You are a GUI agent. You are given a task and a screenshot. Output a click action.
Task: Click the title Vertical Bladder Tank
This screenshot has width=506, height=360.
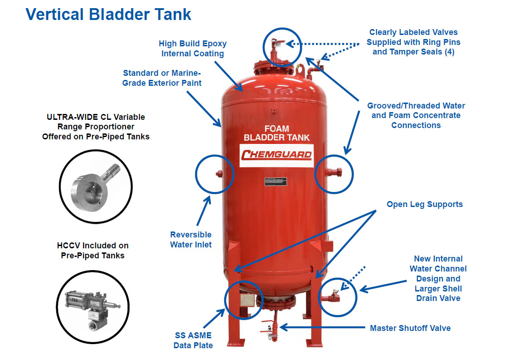click(x=108, y=14)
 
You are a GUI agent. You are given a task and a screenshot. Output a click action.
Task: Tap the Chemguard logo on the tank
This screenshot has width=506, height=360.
click(x=276, y=155)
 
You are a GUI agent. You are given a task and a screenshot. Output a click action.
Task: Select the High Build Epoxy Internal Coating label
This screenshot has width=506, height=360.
click(x=192, y=49)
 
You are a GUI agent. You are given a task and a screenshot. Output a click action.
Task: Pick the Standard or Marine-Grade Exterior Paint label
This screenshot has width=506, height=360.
click(x=162, y=78)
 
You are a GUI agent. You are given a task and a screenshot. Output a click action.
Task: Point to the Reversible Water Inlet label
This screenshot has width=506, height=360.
click(x=191, y=240)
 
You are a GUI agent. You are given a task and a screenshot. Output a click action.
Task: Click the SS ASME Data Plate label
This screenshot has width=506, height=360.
click(x=193, y=340)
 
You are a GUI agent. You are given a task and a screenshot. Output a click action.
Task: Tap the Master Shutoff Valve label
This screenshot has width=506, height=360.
click(x=410, y=328)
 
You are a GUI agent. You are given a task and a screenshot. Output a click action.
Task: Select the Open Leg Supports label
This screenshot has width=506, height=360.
click(x=424, y=204)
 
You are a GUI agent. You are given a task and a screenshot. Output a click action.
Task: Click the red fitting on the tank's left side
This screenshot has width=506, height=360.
click(x=220, y=173)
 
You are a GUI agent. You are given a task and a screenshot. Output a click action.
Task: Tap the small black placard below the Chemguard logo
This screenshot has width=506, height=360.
click(x=276, y=182)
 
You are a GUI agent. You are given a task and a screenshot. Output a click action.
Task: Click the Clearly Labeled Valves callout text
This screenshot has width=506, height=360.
click(x=413, y=42)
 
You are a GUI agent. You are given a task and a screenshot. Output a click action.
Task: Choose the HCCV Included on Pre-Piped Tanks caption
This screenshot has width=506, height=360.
click(x=93, y=250)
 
